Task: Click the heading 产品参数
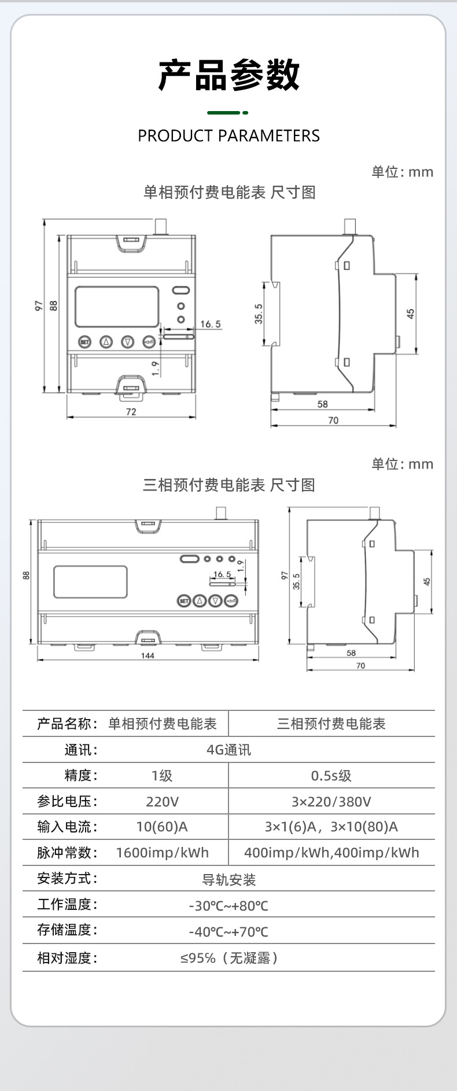tap(228, 75)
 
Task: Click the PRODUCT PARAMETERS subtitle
tap(228, 136)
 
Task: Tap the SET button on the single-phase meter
tap(85, 342)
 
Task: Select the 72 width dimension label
tap(131, 412)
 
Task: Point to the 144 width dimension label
tap(148, 655)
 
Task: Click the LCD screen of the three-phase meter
tap(90, 582)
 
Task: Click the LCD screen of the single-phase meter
tap(117, 307)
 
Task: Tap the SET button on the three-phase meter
tap(184, 601)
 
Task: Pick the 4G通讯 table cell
tap(228, 750)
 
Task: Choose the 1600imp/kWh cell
tap(162, 853)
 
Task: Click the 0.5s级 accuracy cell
tap(331, 776)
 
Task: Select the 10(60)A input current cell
tap(162, 827)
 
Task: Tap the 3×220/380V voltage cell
tap(331, 801)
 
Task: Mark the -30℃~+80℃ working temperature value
tap(228, 906)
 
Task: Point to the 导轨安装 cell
tap(228, 880)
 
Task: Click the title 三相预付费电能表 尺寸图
tap(228, 485)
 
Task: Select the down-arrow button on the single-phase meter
tap(128, 342)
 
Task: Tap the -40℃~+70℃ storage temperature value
tap(228, 932)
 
